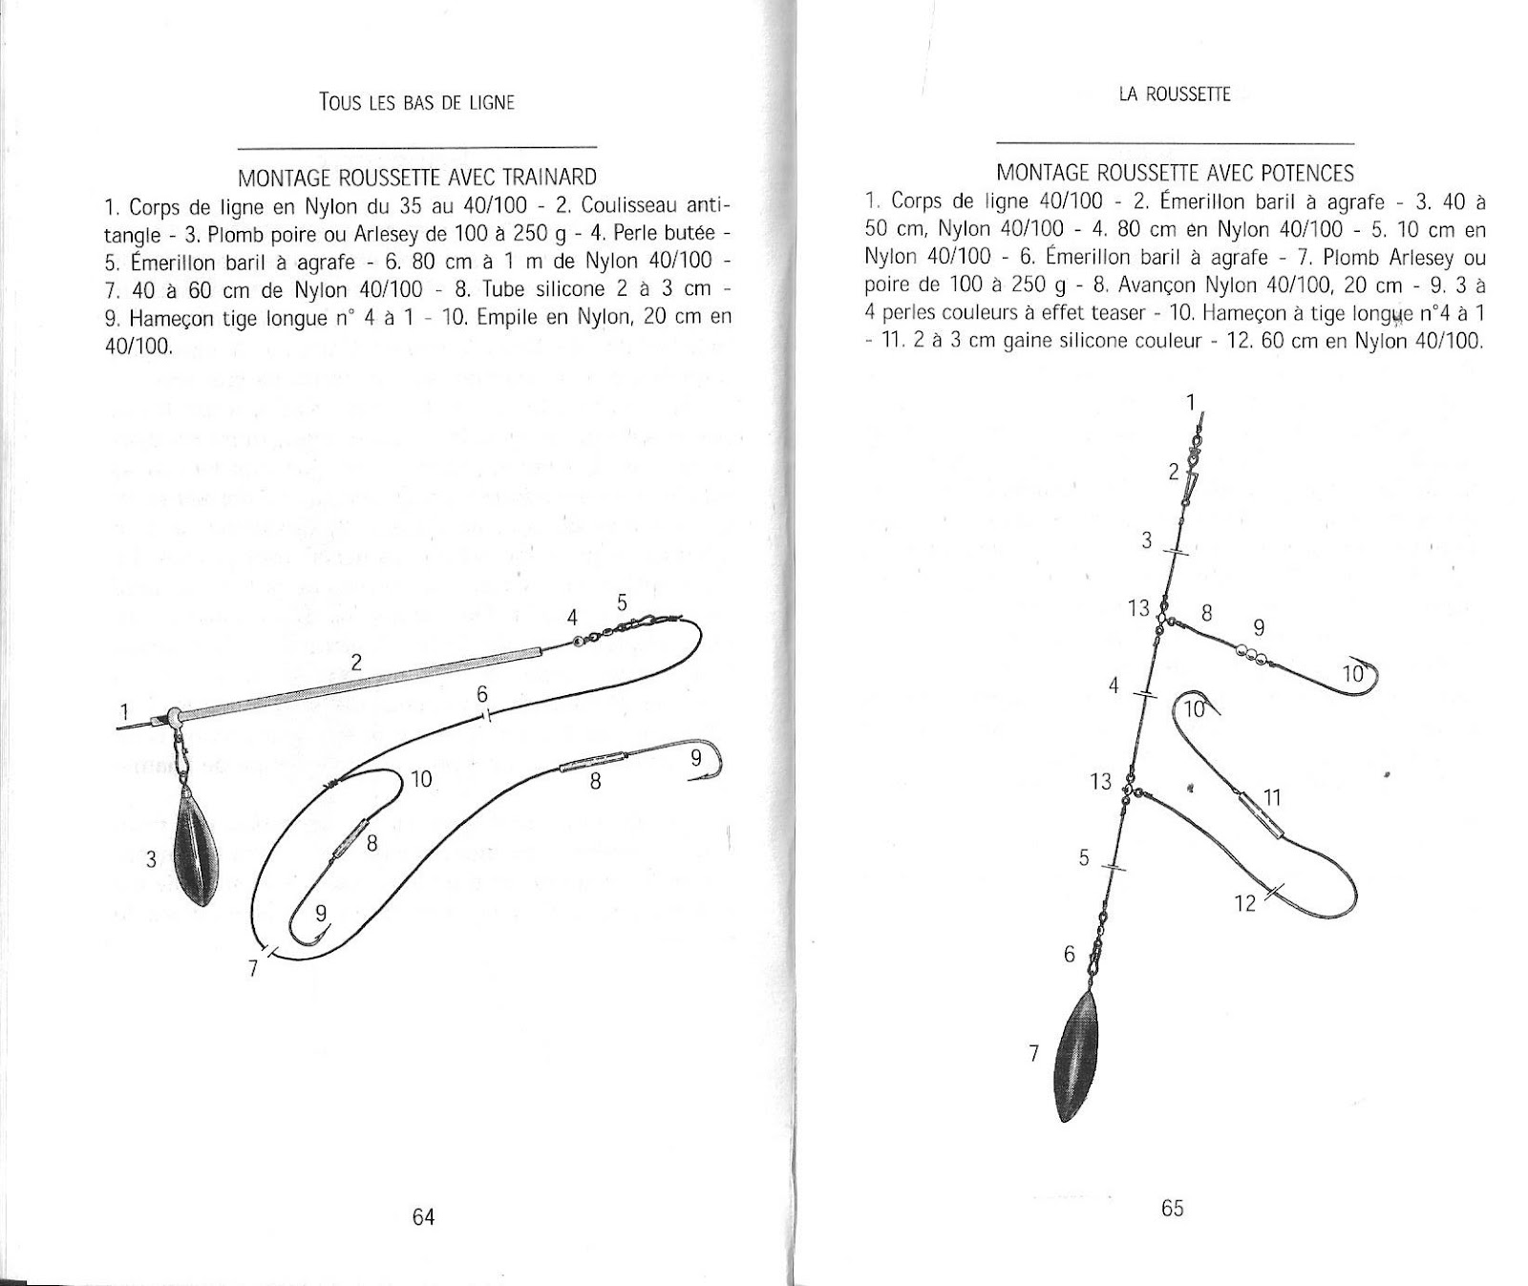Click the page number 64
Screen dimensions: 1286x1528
423,1216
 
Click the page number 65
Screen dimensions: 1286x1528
1173,1208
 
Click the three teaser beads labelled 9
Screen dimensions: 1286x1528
1249,654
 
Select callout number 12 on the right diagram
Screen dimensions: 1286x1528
1244,902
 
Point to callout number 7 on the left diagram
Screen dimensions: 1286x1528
253,968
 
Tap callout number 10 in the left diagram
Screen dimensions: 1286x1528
421,780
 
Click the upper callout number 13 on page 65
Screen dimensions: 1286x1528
1138,607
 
